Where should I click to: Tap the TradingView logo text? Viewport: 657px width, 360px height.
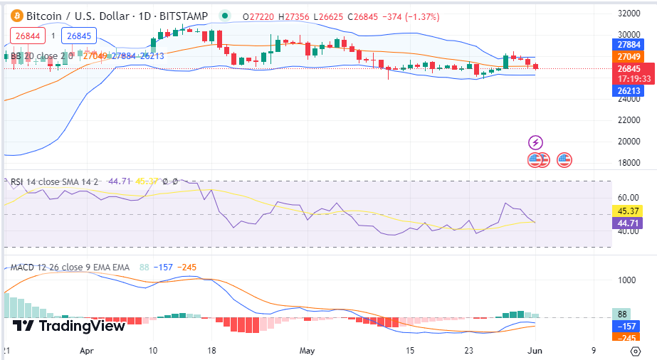coord(69,326)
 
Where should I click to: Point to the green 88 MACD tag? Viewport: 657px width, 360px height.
coord(621,314)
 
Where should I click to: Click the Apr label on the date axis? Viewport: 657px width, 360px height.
coord(87,351)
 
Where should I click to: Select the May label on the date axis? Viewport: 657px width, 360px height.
coord(307,351)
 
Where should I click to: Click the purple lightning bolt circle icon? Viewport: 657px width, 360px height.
coord(535,143)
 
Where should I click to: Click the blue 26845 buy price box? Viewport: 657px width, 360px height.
coord(78,35)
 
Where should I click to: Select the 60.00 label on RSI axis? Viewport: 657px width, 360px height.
coord(628,197)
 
